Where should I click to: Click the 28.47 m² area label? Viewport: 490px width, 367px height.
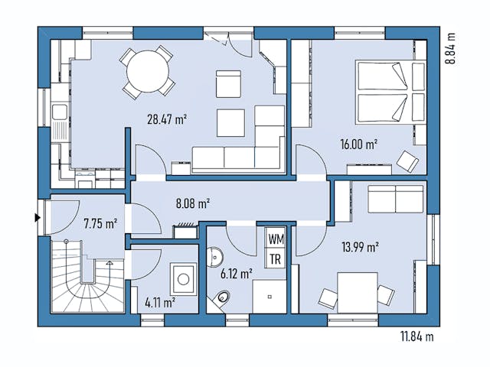167,119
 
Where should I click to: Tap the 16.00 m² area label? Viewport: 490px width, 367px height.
359,144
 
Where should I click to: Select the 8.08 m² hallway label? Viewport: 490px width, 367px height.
193,203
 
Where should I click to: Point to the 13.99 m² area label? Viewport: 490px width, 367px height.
360,246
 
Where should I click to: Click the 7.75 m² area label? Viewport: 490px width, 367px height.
100,224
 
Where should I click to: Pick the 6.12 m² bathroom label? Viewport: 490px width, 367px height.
236,273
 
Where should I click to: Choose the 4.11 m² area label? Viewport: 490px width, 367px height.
158,301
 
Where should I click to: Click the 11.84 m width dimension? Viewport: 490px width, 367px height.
416,336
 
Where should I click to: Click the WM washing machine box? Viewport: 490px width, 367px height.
275,239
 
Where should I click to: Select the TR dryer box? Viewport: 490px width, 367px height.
275,258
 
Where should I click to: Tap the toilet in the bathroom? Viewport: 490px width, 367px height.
223,297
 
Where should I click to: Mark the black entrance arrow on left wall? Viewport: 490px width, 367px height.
38,218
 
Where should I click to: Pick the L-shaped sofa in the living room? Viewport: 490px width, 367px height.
245,145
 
